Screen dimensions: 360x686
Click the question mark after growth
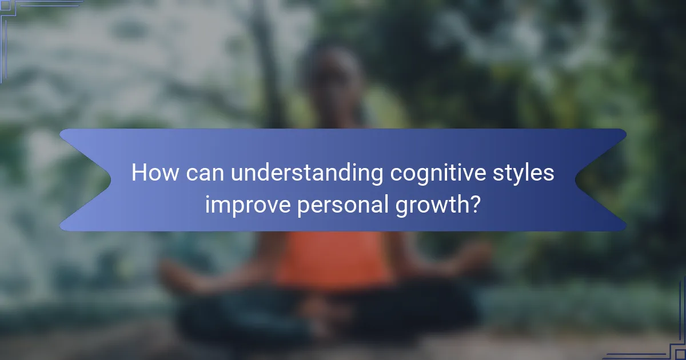(x=473, y=203)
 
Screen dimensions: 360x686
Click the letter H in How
(x=138, y=173)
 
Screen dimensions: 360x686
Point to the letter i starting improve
(x=208, y=203)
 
